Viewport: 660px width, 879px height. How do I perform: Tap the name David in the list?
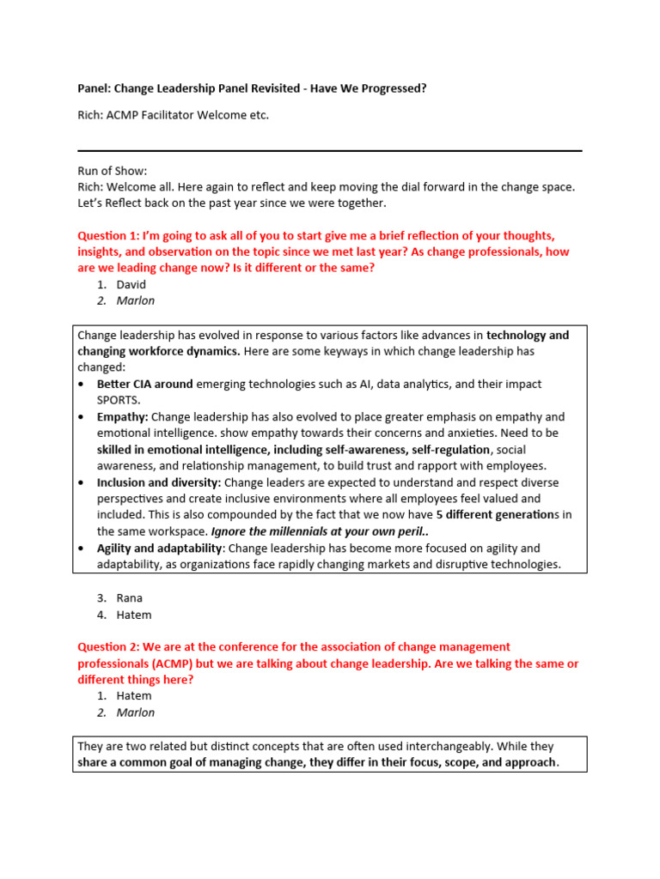(x=131, y=284)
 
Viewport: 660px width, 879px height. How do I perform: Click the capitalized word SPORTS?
(x=119, y=400)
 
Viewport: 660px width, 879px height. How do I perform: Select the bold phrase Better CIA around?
(x=144, y=384)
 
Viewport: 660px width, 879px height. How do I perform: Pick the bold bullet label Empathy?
(x=123, y=416)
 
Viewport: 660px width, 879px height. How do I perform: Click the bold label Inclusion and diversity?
(x=159, y=482)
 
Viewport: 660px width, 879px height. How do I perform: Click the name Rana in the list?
(x=130, y=597)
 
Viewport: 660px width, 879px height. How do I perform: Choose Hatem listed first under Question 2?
(x=133, y=695)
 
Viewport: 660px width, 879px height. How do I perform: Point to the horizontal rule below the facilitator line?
(x=330, y=151)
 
